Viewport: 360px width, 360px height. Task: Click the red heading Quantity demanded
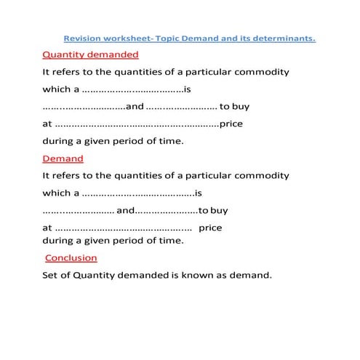tap(91, 55)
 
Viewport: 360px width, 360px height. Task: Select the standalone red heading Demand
tap(63, 159)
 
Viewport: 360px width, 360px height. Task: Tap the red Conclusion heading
tap(71, 258)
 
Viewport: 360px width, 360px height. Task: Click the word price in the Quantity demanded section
tap(231, 124)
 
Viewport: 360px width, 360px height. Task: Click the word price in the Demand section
tap(210, 228)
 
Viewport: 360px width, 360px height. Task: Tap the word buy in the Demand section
tap(218, 211)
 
